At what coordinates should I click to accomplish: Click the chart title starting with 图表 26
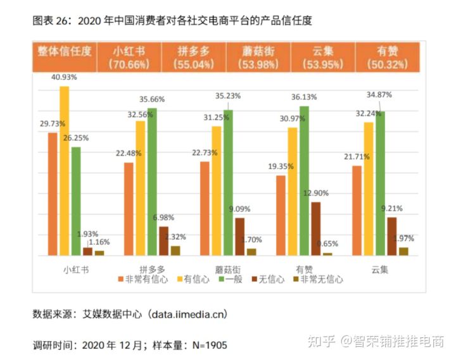click(x=172, y=20)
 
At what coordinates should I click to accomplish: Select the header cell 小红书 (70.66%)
click(x=128, y=57)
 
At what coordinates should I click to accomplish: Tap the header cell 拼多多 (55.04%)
click(x=193, y=57)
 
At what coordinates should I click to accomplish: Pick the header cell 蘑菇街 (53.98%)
click(x=258, y=57)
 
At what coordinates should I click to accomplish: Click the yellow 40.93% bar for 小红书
click(x=64, y=171)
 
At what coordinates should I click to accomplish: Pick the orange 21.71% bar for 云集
click(x=357, y=211)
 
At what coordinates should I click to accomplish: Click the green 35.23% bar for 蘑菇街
click(x=228, y=183)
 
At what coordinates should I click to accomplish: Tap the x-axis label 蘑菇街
click(x=227, y=268)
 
